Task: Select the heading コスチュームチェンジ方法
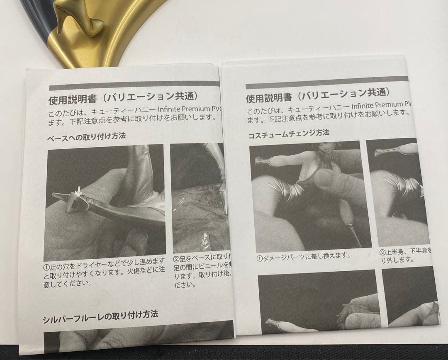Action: tap(289, 134)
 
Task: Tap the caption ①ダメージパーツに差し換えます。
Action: tap(303, 256)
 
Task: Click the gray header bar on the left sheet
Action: tap(133, 85)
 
